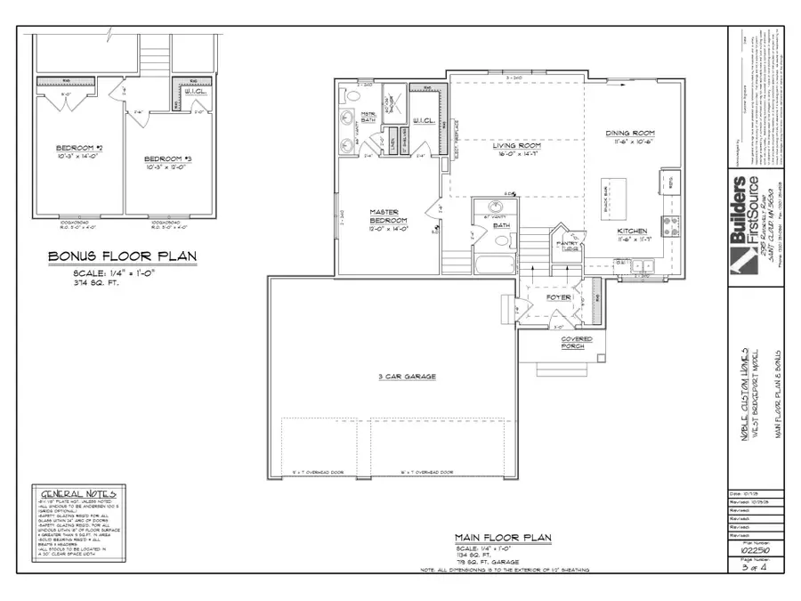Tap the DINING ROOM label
coord(630,134)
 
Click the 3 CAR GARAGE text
coord(406,377)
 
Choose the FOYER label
coord(558,297)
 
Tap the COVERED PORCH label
coord(576,343)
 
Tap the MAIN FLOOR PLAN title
coord(503,538)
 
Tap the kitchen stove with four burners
coord(667,223)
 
